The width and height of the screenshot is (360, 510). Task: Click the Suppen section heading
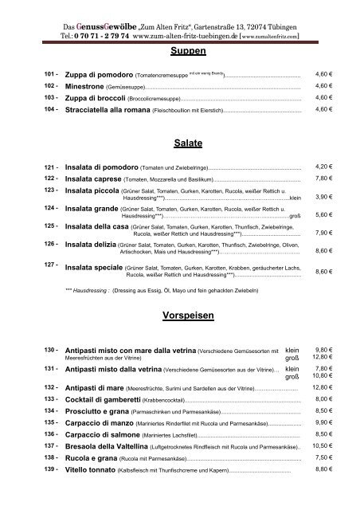pos(189,50)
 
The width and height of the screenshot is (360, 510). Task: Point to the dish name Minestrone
pos(94,85)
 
